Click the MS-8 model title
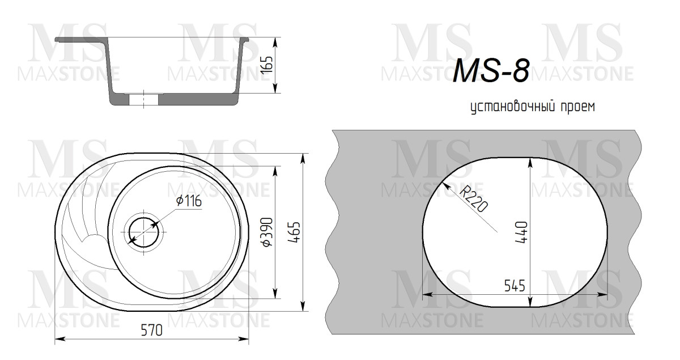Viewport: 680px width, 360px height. point(491,71)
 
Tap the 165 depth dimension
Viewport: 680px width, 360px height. point(269,65)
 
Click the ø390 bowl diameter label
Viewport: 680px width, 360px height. point(268,232)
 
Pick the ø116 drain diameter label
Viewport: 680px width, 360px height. point(189,201)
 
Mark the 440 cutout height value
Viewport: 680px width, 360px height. point(522,231)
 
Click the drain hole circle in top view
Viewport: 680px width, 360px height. point(144,231)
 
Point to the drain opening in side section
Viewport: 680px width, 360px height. point(143,99)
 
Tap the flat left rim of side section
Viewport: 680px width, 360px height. point(79,40)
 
